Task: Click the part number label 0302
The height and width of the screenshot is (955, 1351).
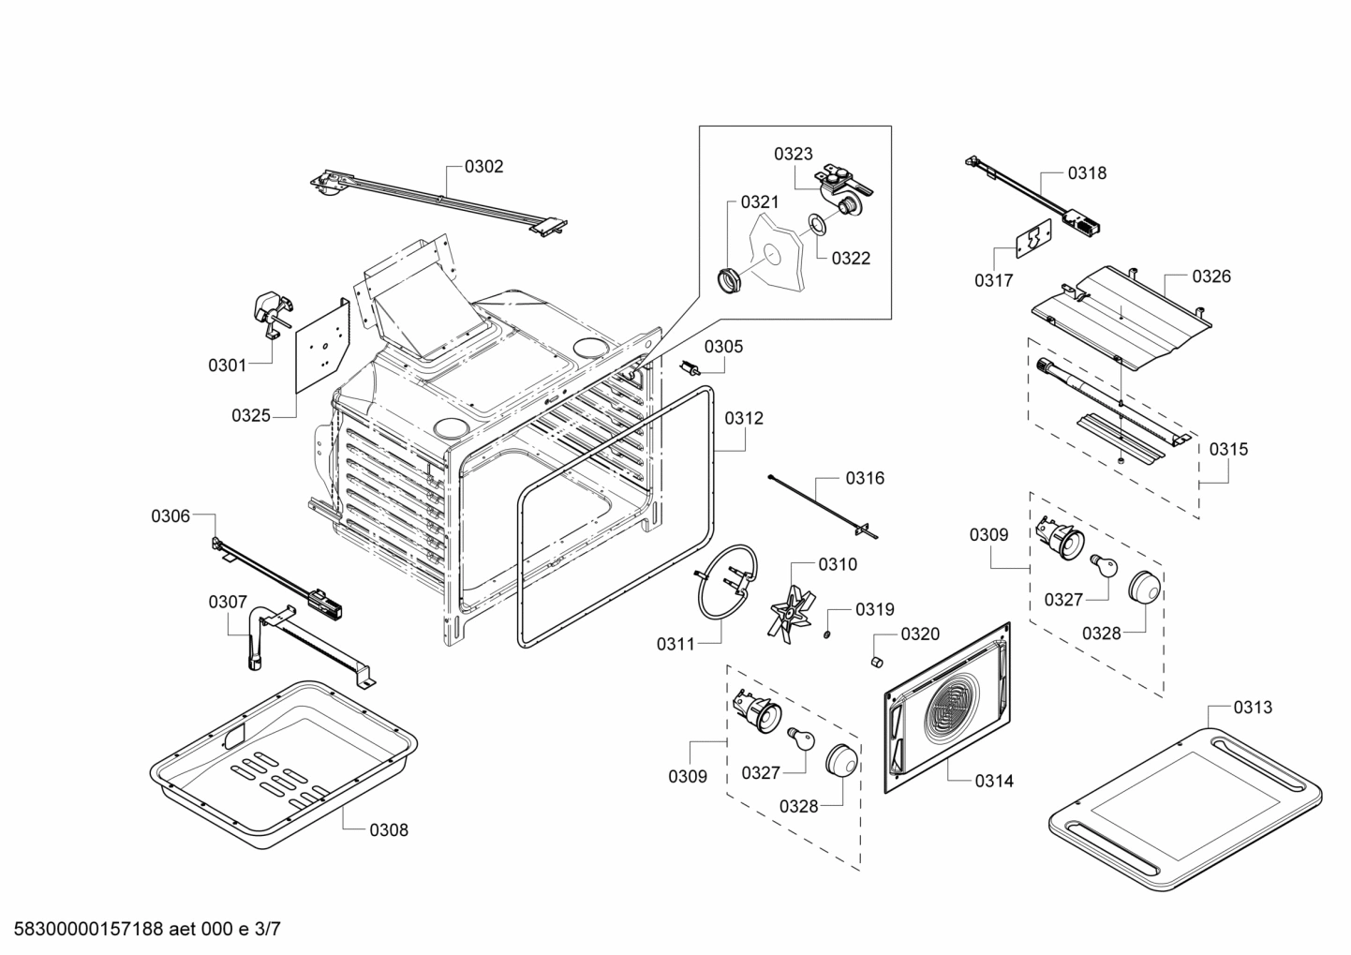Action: coord(483,167)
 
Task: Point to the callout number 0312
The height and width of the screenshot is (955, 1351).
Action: coord(744,418)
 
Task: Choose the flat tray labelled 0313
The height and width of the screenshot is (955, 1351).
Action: coord(1184,811)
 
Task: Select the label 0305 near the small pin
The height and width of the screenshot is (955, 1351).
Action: coord(723,347)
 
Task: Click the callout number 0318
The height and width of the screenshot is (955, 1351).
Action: coord(1087,172)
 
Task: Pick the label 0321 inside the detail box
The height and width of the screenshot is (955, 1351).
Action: coord(760,201)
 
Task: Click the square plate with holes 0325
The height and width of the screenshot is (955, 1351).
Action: coord(322,347)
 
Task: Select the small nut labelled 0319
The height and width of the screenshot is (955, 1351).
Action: coord(828,637)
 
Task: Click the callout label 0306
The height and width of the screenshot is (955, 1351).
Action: coord(171,515)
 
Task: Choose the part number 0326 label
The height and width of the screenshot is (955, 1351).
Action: coord(1211,276)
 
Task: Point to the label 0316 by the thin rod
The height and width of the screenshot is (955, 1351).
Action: coord(865,478)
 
